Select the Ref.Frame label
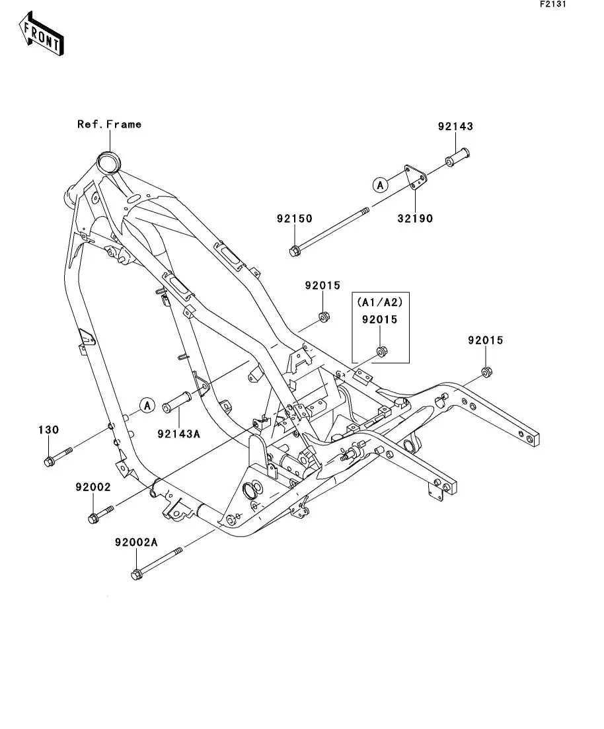(109, 124)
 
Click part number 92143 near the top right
(455, 126)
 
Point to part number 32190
(415, 218)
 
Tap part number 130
(48, 430)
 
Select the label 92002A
(135, 542)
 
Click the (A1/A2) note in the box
(379, 302)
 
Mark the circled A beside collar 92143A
(147, 404)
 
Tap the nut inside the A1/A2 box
(381, 351)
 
